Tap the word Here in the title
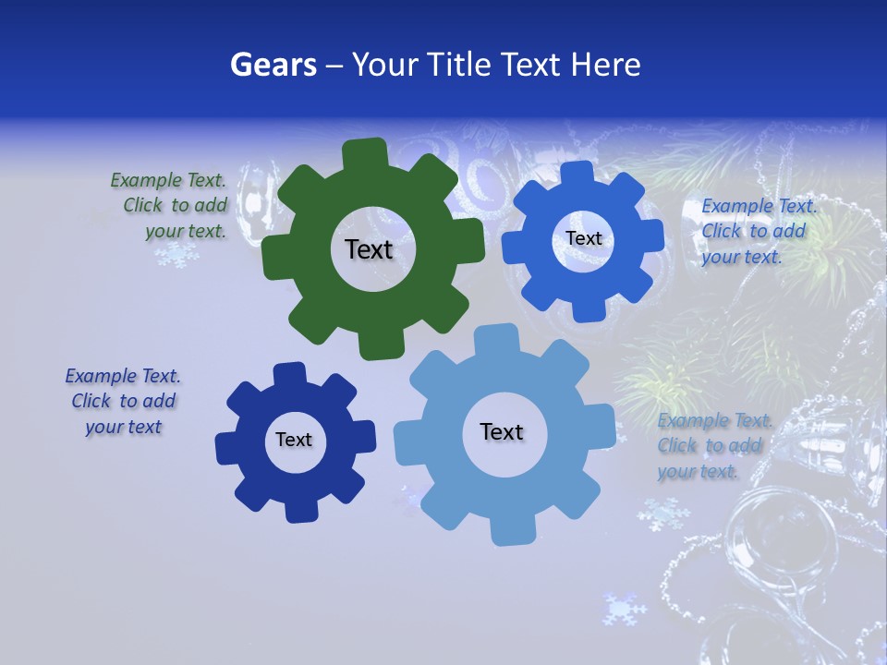pyautogui.click(x=605, y=65)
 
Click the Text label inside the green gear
pyautogui.click(x=369, y=249)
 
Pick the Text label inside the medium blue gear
pyautogui.click(x=583, y=238)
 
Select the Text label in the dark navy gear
pyautogui.click(x=294, y=440)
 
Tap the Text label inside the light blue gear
pyautogui.click(x=502, y=431)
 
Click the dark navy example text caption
pyautogui.click(x=123, y=402)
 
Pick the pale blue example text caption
pyautogui.click(x=713, y=446)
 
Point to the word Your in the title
pyautogui.click(x=386, y=65)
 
